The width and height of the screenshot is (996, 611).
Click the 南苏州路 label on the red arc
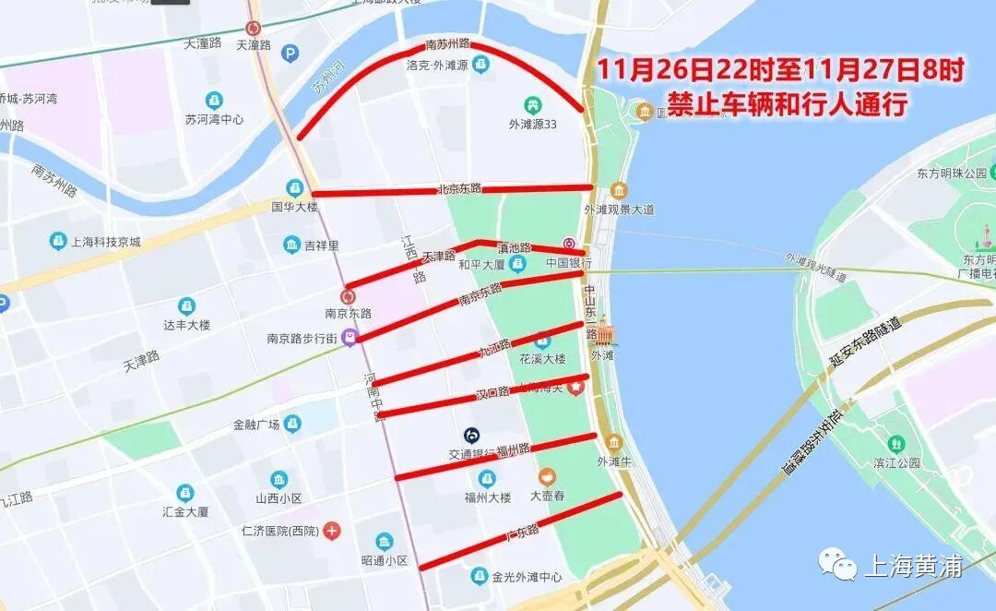(447, 44)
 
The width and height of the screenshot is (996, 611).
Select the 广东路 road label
(521, 533)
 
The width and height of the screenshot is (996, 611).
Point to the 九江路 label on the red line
(493, 349)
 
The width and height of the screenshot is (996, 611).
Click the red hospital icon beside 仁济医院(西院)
(331, 531)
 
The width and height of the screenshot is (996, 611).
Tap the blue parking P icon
(290, 54)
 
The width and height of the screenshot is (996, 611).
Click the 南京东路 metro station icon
(348, 296)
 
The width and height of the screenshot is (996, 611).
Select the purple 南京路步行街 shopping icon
(350, 339)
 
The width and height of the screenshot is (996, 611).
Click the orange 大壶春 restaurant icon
(548, 476)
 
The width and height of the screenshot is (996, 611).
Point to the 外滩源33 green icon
(532, 105)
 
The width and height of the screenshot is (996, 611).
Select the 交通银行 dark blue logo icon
(471, 435)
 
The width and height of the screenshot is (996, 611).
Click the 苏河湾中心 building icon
(214, 100)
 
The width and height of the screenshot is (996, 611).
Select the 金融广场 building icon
(292, 424)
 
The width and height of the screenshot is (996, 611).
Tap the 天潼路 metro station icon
(253, 29)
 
